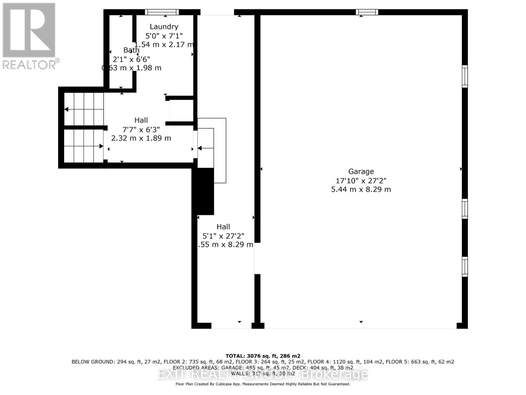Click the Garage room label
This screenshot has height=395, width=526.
click(361, 171)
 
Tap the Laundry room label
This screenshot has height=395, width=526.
click(164, 27)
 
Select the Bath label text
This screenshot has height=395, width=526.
click(131, 50)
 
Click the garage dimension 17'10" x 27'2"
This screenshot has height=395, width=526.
click(361, 180)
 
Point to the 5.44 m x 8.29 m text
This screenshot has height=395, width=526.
click(361, 189)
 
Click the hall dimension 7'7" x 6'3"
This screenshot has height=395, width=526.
click(141, 129)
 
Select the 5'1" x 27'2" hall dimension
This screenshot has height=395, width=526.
click(223, 236)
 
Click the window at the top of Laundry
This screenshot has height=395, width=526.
click(162, 12)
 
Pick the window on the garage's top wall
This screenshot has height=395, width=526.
click(367, 12)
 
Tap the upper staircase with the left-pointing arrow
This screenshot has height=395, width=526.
click(84, 109)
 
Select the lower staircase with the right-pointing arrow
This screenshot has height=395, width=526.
click(84, 146)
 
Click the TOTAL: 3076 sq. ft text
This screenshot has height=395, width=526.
click(263, 356)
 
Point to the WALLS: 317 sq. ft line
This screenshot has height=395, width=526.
click(263, 374)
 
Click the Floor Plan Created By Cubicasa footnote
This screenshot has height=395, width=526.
click(263, 384)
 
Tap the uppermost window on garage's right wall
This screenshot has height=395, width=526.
click(465, 76)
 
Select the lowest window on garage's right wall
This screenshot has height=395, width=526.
click(465, 267)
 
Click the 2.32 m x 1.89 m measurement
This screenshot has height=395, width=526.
click(141, 138)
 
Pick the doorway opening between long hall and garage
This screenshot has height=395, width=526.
click(257, 258)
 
